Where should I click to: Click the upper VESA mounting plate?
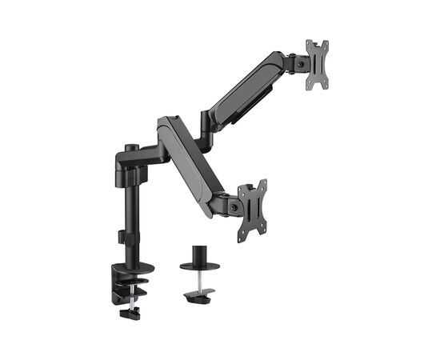click(318, 64)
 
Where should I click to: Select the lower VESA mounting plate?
click(252, 210)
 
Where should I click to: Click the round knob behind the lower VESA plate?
click(233, 206)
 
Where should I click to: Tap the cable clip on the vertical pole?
click(121, 238)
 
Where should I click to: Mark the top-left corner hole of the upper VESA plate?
click(309, 44)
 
